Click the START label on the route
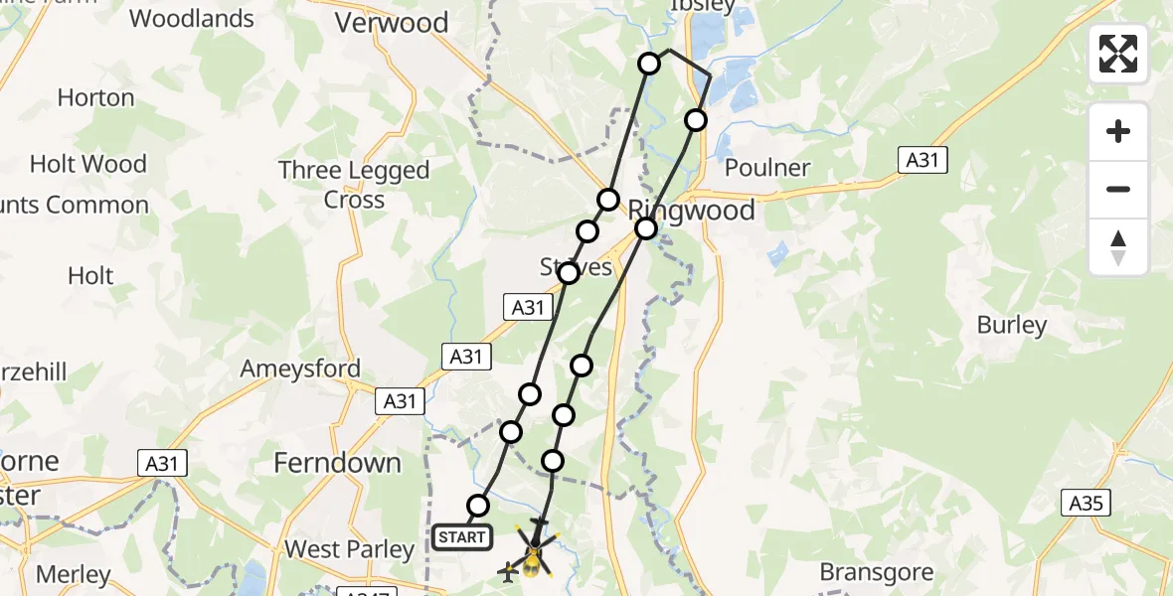point(461,537)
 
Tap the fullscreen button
point(1118,54)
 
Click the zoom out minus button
point(1118,189)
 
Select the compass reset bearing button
point(1118,247)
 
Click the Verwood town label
point(392,23)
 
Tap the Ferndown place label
point(337,463)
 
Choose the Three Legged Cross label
point(354,185)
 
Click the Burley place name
point(1012,325)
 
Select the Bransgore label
point(878,572)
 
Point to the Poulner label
point(767,168)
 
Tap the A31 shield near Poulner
point(922,159)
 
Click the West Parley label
point(349,549)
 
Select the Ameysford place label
point(300,370)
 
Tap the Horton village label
point(95,97)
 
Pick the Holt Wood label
point(88,164)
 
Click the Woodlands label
point(192,18)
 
